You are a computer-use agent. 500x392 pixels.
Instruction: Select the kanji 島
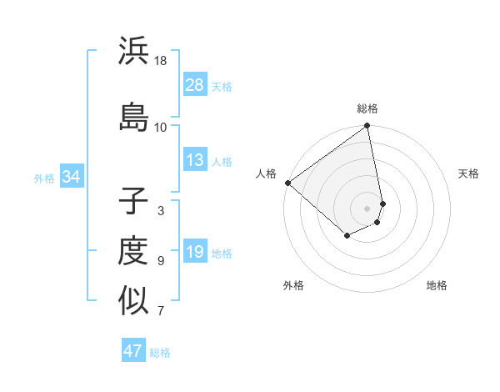(x=133, y=116)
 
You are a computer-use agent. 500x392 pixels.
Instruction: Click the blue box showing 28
(x=195, y=85)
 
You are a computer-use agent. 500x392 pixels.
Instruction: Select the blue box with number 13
(x=195, y=160)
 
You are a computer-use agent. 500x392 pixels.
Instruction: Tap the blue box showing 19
(x=195, y=252)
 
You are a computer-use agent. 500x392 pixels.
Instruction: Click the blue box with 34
(x=71, y=177)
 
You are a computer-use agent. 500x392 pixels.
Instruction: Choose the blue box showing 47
(x=133, y=351)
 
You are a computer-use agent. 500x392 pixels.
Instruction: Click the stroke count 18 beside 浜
(x=161, y=61)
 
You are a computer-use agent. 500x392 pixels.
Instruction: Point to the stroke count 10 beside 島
(x=161, y=127)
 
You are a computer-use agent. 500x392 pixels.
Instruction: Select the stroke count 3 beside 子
(x=161, y=211)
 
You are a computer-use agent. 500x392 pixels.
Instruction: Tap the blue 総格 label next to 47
(x=160, y=353)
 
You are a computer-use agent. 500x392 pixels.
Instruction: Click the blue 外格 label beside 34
(x=44, y=178)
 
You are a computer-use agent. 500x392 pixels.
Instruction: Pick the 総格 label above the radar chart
(x=367, y=108)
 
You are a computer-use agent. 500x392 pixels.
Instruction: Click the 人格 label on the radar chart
(x=267, y=173)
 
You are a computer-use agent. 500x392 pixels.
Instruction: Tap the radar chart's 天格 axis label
(x=469, y=173)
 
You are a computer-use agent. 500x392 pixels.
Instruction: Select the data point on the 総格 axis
(x=367, y=127)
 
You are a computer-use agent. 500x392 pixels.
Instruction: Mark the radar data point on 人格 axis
(x=287, y=183)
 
